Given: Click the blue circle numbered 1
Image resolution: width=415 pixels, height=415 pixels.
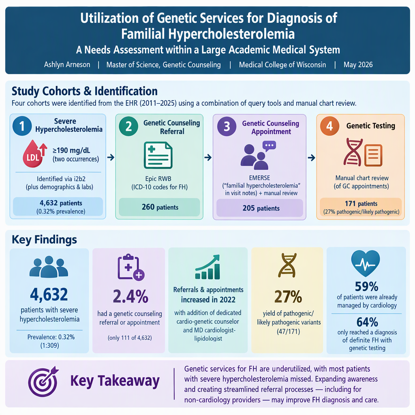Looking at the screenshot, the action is [x=22, y=126].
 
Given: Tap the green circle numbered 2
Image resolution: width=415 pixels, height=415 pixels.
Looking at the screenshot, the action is [x=128, y=126].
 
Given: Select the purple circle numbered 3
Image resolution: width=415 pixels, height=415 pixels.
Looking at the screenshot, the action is [x=227, y=126].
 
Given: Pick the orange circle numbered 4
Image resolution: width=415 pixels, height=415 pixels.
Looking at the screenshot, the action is [x=329, y=126].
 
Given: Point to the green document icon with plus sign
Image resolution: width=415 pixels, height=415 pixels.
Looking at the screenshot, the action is [x=158, y=155].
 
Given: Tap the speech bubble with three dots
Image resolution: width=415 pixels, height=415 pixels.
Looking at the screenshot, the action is [x=269, y=146].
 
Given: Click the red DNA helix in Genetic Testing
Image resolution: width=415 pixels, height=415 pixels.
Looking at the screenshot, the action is [x=353, y=152].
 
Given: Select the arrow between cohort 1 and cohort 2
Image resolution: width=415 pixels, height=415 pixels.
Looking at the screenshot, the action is [x=111, y=158].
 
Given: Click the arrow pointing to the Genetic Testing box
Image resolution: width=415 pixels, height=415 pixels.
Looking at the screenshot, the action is [x=312, y=158].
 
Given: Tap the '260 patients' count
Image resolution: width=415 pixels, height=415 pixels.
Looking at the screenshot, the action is [x=160, y=207].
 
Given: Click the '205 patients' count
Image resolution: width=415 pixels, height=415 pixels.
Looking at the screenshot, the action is [x=261, y=208].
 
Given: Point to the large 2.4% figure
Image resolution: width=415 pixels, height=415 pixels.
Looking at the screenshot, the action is [x=130, y=296].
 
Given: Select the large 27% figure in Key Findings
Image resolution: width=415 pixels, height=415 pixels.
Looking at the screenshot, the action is [x=288, y=296].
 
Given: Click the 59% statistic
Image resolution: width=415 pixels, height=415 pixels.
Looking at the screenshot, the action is [x=366, y=287].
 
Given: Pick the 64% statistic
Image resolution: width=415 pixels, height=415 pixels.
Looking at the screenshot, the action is [x=367, y=322].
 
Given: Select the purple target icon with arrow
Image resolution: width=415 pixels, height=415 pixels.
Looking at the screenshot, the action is [x=43, y=381].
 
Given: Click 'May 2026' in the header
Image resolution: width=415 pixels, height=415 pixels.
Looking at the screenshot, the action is [x=358, y=65].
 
